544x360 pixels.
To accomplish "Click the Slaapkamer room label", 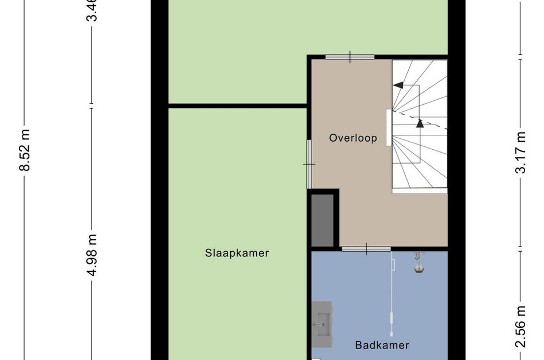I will coord(237,253).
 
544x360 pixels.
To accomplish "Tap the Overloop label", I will coord(353,138).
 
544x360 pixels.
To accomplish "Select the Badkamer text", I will coord(382,346).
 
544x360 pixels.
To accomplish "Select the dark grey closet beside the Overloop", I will coord(323,221).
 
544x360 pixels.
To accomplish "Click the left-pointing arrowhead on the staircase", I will coord(397,85).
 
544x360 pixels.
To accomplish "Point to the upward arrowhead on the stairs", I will coord(420,122).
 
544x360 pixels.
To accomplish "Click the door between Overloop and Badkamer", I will coord(366,249).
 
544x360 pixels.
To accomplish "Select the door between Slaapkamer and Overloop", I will coord(309,164).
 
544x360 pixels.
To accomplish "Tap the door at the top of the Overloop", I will coord(350,56).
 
